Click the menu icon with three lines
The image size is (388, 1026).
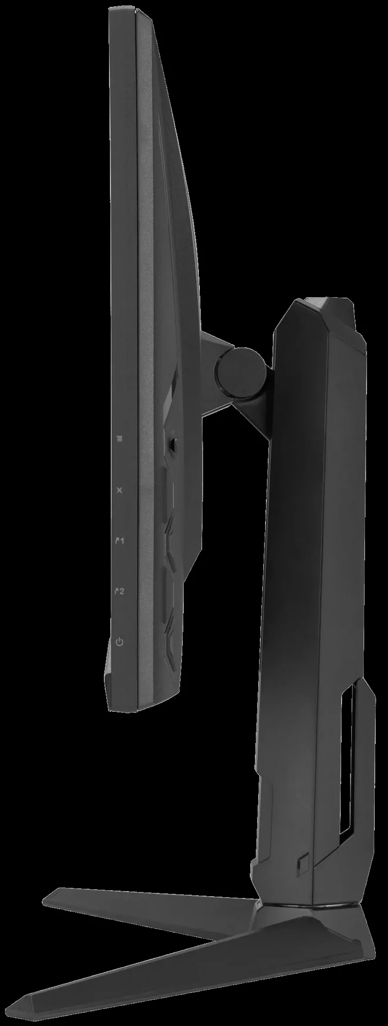[119, 439]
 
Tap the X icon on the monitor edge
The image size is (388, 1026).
[119, 489]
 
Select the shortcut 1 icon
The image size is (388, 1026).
[120, 541]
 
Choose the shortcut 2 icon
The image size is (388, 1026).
[120, 592]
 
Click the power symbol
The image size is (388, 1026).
[119, 641]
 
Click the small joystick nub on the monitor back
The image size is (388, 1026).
[173, 443]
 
